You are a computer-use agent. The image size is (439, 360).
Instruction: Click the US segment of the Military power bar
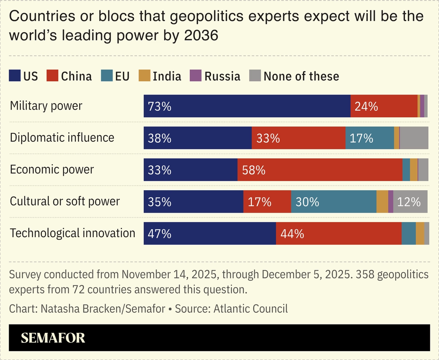pyautogui.click(x=247, y=106)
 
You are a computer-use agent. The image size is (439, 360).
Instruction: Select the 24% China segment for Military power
pyautogui.click(x=384, y=106)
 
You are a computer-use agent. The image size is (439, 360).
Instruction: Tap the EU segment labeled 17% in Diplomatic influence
pyautogui.click(x=369, y=138)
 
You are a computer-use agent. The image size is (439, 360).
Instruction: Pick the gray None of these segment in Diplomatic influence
pyautogui.click(x=414, y=138)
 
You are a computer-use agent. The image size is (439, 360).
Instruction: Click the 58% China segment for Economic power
pyautogui.click(x=320, y=170)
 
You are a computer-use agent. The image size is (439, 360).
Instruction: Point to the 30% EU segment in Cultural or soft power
pyautogui.click(x=333, y=202)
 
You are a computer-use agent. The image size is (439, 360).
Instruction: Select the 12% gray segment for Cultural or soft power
pyautogui.click(x=410, y=202)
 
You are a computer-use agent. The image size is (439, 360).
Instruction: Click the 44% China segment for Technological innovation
pyautogui.click(x=338, y=233)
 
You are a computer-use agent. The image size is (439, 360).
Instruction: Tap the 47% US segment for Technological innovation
pyautogui.click(x=210, y=233)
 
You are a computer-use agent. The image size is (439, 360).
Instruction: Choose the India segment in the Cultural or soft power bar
pyautogui.click(x=382, y=202)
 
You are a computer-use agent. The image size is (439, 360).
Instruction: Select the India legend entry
pyautogui.click(x=167, y=76)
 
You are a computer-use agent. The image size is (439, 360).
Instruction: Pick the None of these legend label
pyautogui.click(x=301, y=76)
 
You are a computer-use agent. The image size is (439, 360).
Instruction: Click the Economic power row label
pyautogui.click(x=52, y=169)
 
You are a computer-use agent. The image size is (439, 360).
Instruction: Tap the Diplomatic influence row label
pyautogui.click(x=62, y=137)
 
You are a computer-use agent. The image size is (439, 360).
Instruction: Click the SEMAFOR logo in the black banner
pyautogui.click(x=53, y=338)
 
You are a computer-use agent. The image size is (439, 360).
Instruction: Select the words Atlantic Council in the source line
pyautogui.click(x=251, y=309)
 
